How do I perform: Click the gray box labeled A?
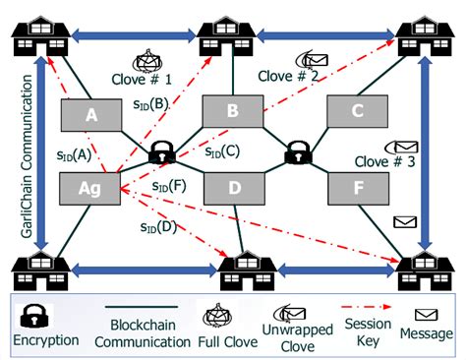pyautogui.click(x=91, y=116)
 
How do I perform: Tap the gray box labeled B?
pyautogui.click(x=232, y=111)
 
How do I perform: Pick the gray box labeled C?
pyautogui.click(x=356, y=111)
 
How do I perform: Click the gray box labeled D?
pyautogui.click(x=234, y=187)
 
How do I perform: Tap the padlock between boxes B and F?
pyautogui.click(x=296, y=152)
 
